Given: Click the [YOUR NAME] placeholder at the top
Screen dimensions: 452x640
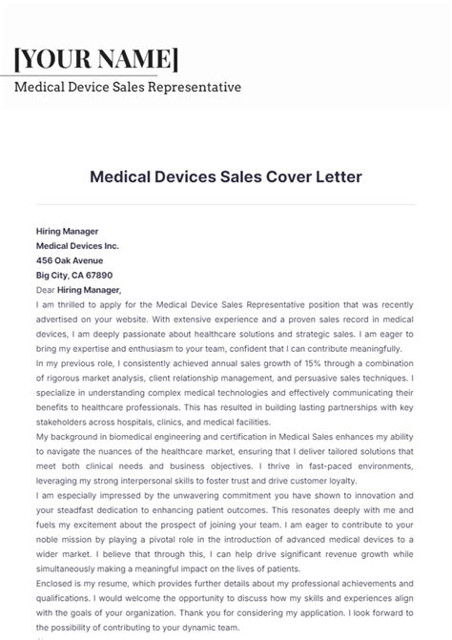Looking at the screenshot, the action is (96, 58).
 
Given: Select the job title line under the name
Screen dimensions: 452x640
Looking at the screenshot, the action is (128, 88).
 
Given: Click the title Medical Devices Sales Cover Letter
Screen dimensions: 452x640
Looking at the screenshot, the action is (225, 176).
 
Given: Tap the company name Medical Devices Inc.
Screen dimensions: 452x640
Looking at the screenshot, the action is (77, 246).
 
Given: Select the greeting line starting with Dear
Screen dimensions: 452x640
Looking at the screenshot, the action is (78, 289).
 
